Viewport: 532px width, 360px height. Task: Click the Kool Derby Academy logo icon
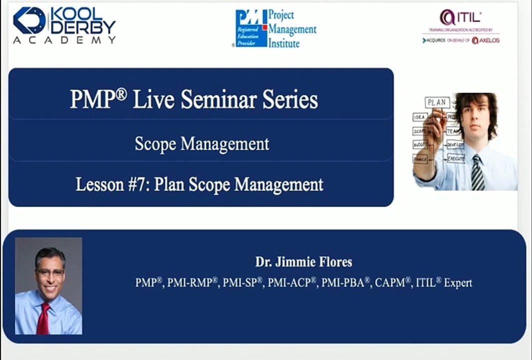tap(29, 20)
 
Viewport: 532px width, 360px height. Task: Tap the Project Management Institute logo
tap(275, 28)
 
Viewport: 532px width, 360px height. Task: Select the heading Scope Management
tap(202, 144)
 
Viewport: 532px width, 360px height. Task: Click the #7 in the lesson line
tap(139, 184)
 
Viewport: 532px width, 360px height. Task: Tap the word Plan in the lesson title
tap(168, 184)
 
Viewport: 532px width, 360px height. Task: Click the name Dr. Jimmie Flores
tap(304, 262)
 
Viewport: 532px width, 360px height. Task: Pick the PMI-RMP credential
tap(193, 282)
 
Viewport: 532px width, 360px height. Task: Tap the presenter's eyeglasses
tap(50, 272)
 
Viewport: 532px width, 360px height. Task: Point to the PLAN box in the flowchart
tap(436, 102)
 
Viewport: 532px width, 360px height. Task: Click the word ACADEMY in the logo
tap(64, 40)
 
